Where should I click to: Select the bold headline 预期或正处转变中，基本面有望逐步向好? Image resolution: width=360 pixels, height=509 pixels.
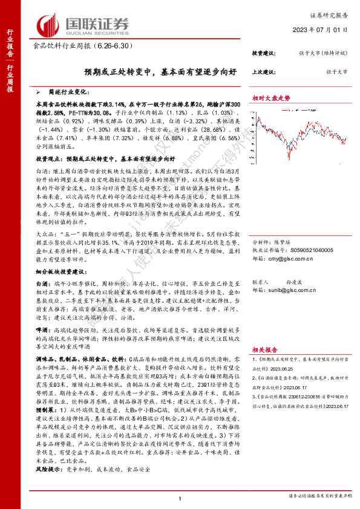[143, 71]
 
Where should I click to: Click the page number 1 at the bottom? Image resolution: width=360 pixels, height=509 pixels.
[180, 498]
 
